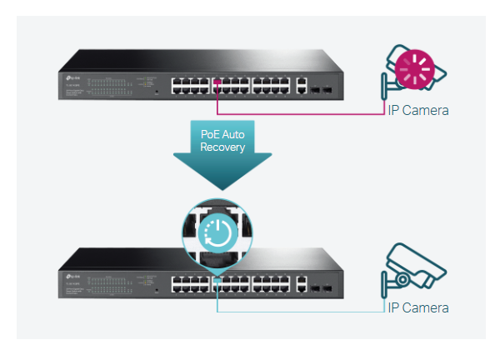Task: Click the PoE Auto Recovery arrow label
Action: click(x=223, y=140)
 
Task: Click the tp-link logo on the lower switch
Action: click(x=72, y=272)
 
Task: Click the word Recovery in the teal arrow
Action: click(x=223, y=147)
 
